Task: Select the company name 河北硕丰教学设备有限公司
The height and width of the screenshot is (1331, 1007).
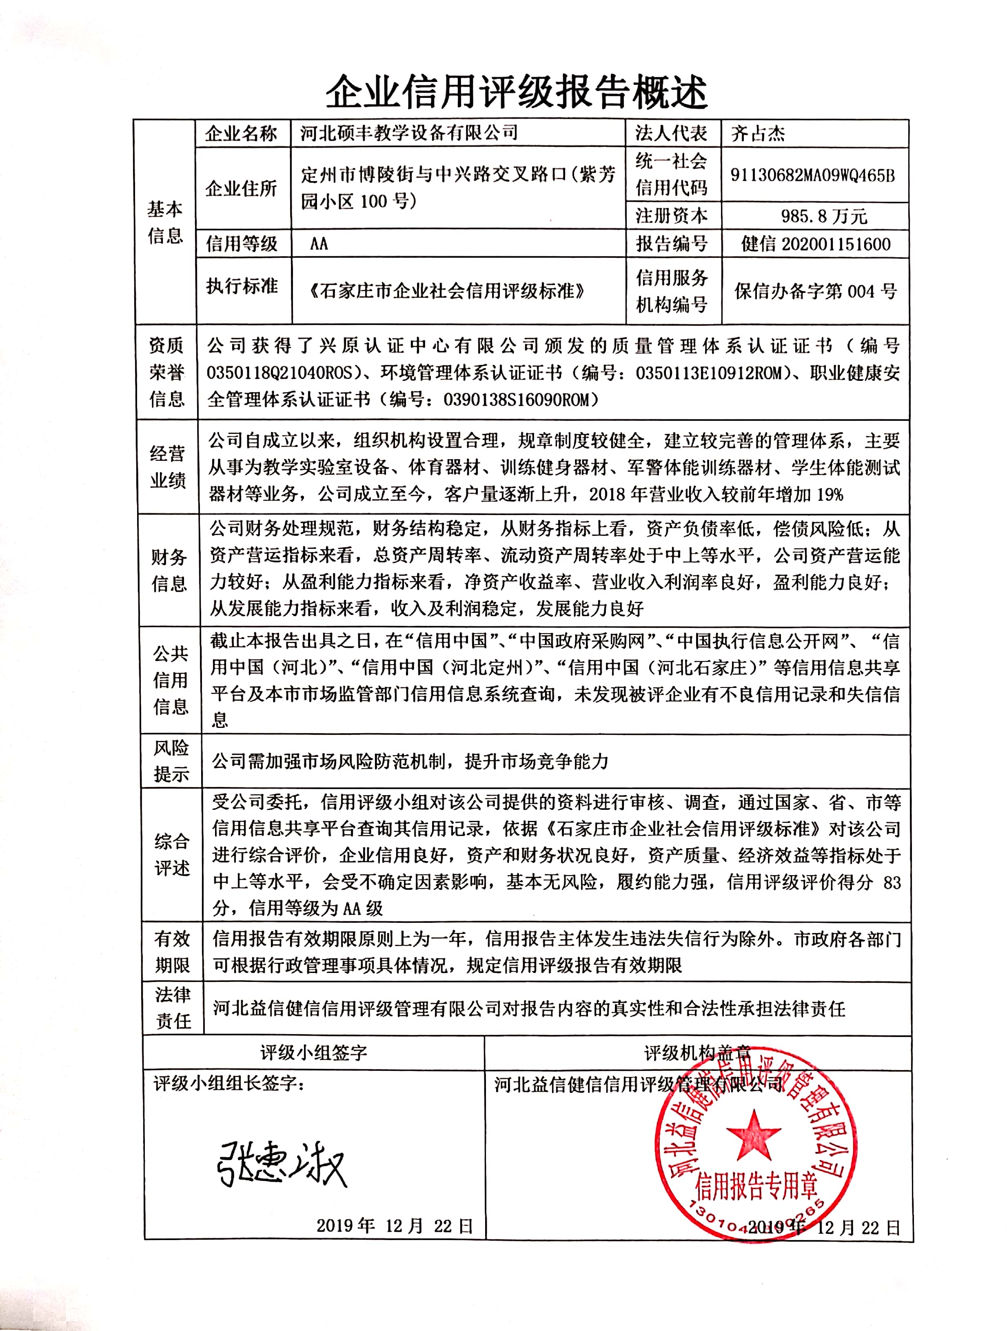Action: click(409, 133)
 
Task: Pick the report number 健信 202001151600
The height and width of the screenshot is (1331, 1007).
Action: click(816, 244)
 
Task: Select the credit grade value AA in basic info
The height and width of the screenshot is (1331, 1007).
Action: click(319, 244)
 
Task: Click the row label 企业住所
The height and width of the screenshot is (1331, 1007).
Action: click(242, 188)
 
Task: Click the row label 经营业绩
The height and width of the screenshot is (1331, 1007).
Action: click(167, 467)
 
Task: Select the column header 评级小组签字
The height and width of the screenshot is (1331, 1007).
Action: click(314, 1052)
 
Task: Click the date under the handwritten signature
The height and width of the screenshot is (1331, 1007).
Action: click(394, 1226)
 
